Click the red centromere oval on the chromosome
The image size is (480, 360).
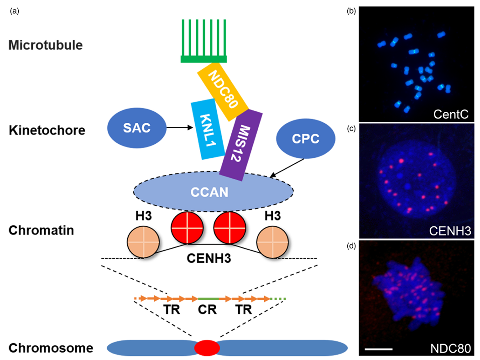pyautogui.click(x=207, y=348)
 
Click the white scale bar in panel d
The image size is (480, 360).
pyautogui.click(x=378, y=349)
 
